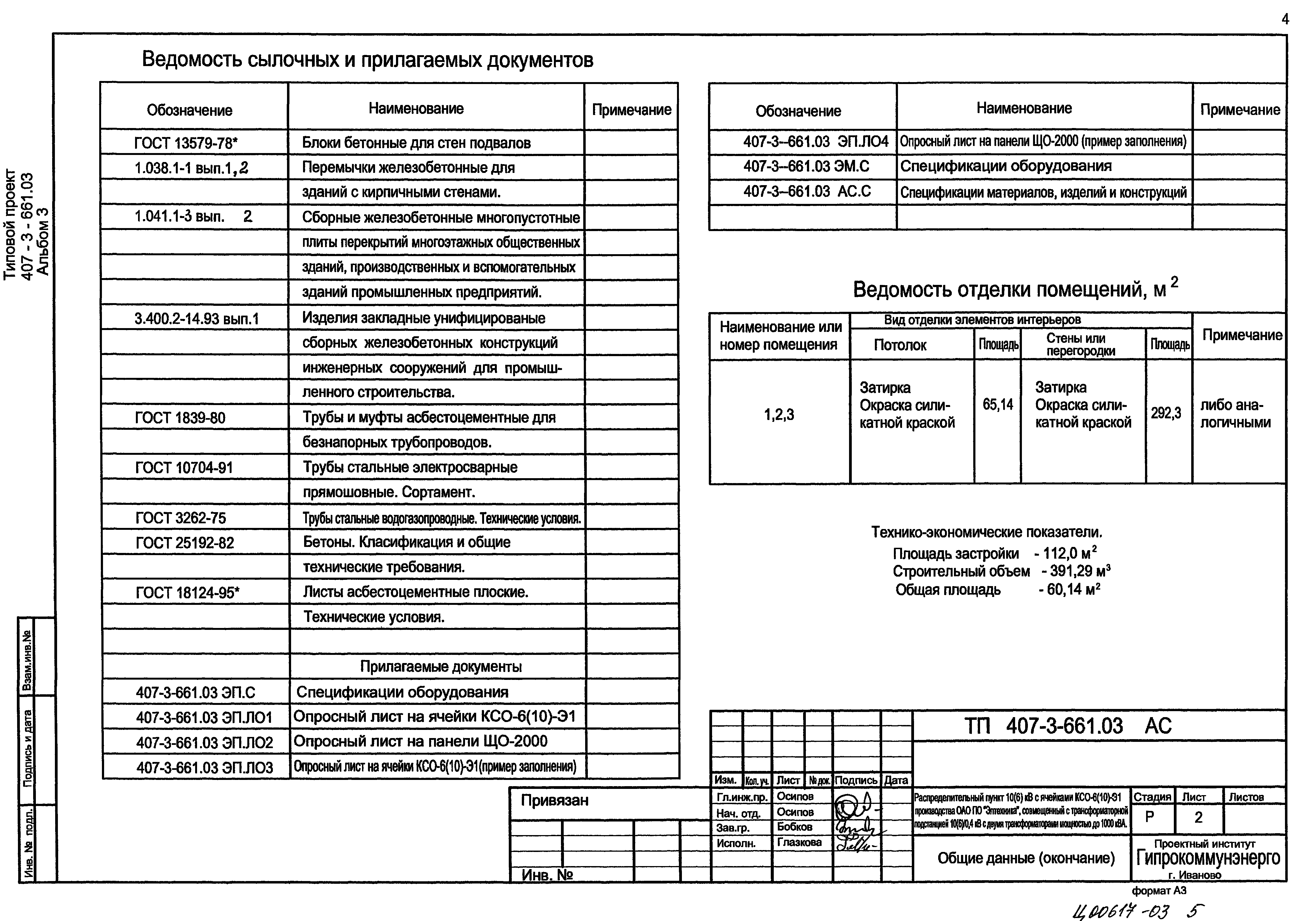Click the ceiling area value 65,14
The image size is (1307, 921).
(x=998, y=405)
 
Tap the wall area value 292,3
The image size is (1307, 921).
(x=1166, y=413)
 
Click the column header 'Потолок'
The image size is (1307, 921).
(x=900, y=345)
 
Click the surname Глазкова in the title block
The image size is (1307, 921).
(x=799, y=842)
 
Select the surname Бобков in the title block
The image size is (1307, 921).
(x=794, y=827)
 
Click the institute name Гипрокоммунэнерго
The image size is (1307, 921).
(x=1208, y=858)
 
